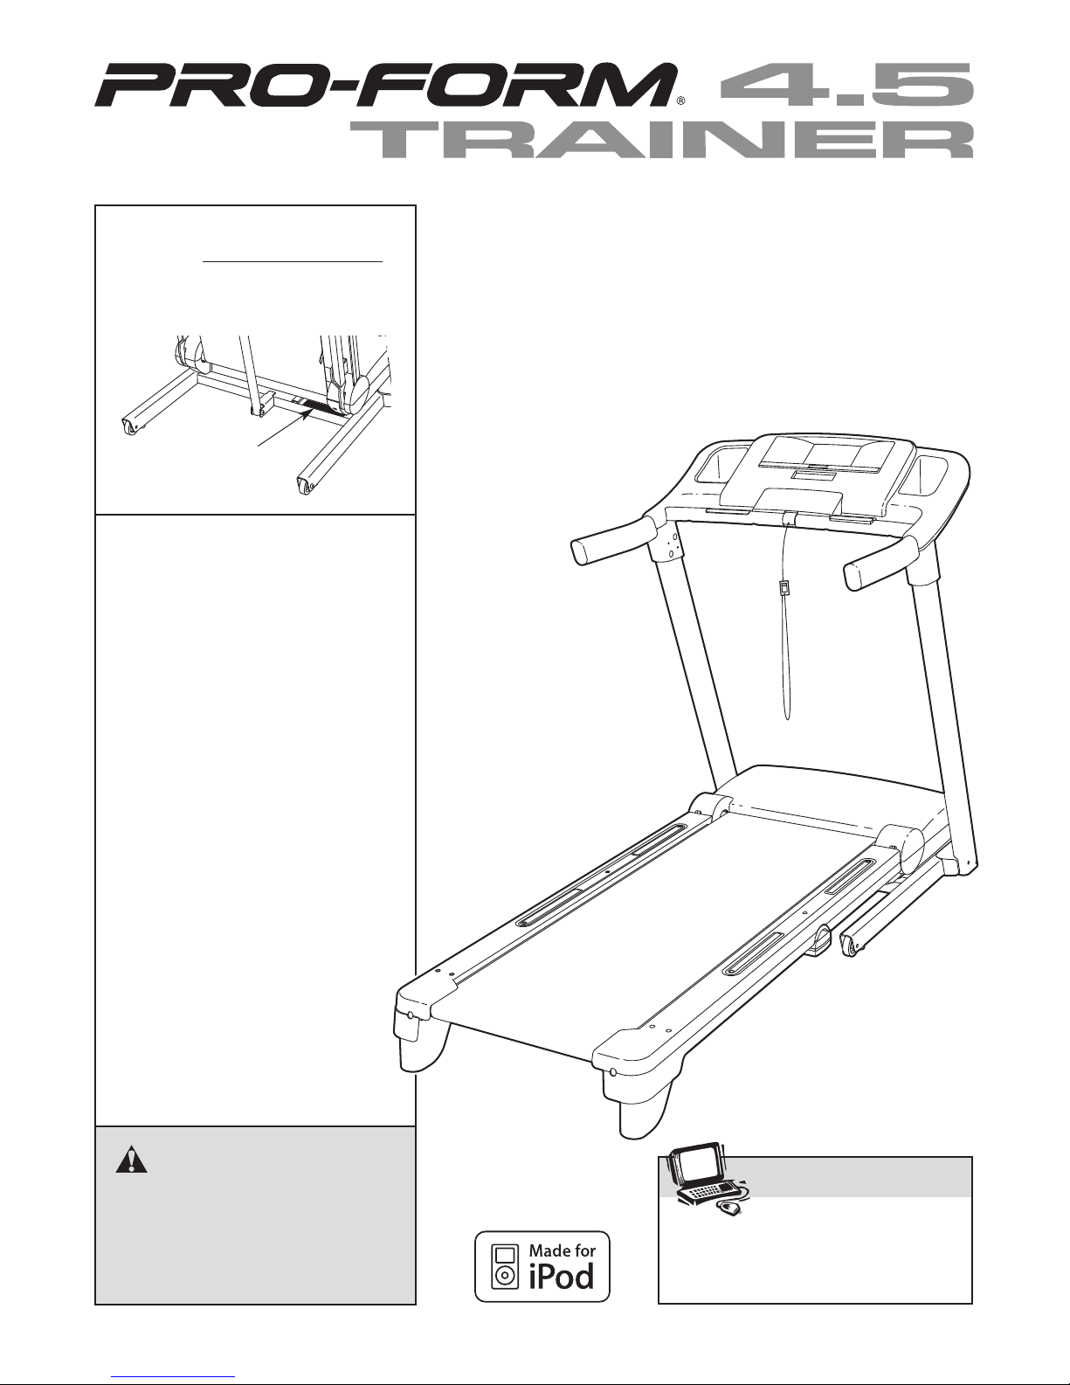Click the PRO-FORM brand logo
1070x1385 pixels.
point(385,85)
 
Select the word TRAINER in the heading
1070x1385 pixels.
point(662,141)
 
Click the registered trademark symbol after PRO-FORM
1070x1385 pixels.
point(680,100)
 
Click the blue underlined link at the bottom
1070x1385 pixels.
point(173,1376)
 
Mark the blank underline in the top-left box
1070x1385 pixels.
point(293,260)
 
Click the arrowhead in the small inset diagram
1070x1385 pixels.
point(307,414)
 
